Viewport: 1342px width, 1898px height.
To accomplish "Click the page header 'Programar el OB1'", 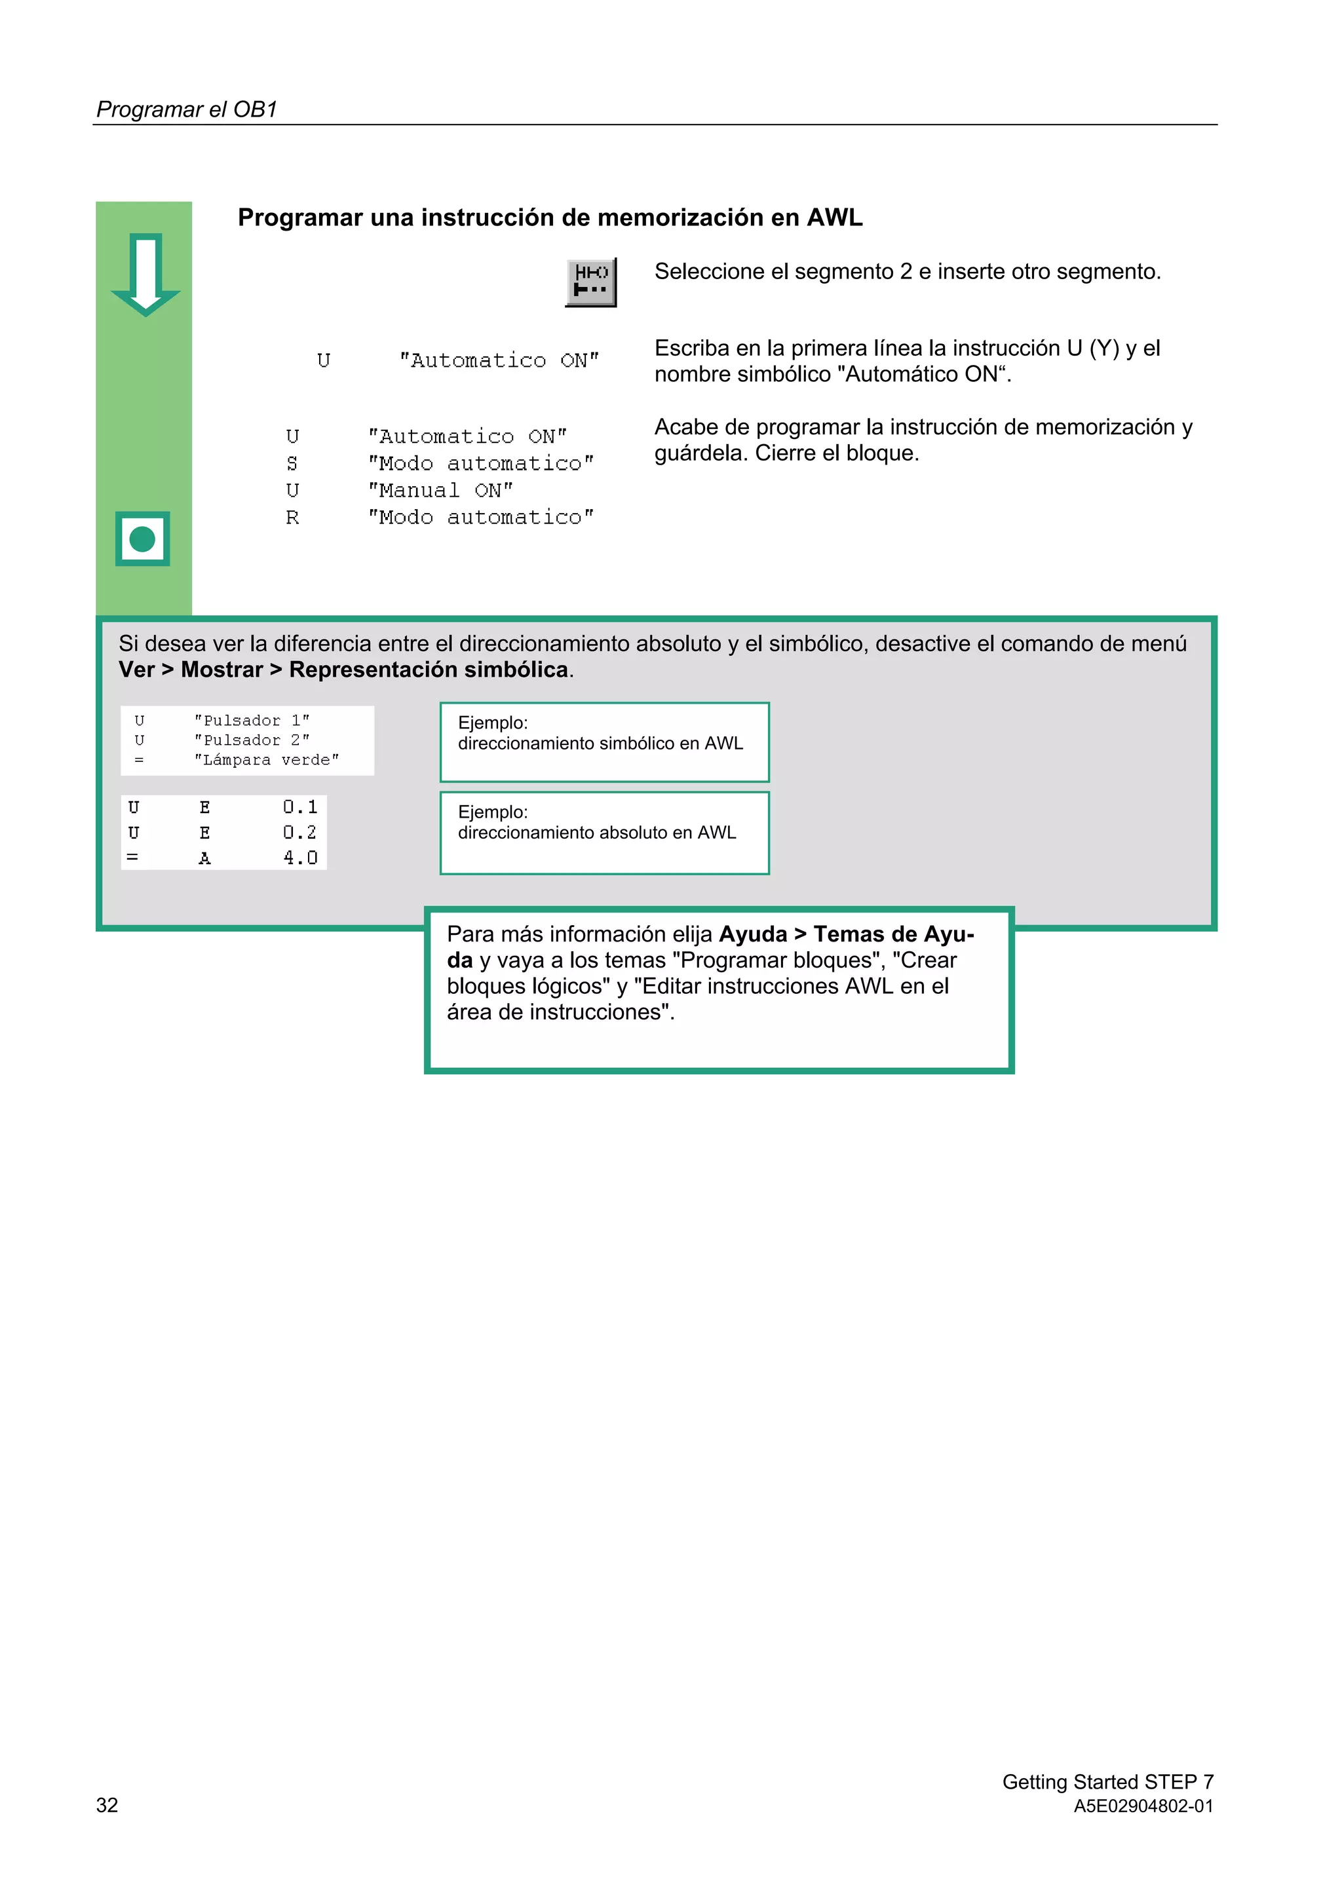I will coord(187,109).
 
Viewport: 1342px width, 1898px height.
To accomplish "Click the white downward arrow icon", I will coord(145,275).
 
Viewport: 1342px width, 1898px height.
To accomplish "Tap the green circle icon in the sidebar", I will coord(143,539).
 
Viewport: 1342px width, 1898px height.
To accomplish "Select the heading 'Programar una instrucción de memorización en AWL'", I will coord(550,218).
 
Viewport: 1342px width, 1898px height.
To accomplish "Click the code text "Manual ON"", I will coord(440,490).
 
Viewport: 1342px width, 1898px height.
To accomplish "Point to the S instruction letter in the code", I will coord(292,464).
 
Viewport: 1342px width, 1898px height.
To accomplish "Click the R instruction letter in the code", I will coord(292,518).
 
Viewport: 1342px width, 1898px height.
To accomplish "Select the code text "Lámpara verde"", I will coord(266,760).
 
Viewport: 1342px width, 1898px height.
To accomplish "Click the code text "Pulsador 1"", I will coord(252,721).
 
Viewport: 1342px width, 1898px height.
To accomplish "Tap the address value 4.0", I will coord(300,858).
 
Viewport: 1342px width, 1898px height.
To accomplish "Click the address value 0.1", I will coord(300,807).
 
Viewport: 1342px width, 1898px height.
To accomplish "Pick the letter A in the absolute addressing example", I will coord(204,858).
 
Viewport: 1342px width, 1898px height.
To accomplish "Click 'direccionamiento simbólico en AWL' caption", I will coord(600,743).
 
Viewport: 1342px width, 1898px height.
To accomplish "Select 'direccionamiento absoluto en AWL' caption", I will coord(596,833).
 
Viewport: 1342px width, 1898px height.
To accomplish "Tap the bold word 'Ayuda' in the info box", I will coord(752,934).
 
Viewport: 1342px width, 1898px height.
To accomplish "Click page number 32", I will coord(107,1804).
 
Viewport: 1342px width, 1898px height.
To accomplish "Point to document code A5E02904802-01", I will coord(1143,1806).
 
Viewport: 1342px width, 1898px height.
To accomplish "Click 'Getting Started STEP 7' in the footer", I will coord(1107,1781).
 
